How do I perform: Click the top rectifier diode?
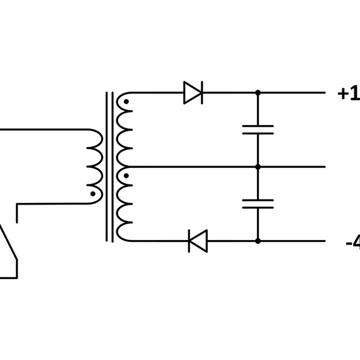point(193,93)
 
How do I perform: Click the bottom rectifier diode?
point(198,241)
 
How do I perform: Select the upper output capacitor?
point(258,129)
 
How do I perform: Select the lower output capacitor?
point(258,204)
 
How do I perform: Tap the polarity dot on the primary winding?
point(93,194)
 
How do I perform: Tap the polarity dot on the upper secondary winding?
point(126,102)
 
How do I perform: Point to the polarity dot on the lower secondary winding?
point(126,176)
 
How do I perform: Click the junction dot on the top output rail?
point(258,93)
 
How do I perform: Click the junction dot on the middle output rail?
point(258,167)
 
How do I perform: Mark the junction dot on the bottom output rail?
point(258,241)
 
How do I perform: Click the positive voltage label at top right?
point(349,93)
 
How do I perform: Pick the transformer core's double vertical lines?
point(109,167)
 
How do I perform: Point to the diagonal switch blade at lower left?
point(8,243)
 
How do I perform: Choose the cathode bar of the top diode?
point(202,93)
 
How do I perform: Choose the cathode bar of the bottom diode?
point(189,241)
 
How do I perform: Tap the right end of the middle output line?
point(325,167)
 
